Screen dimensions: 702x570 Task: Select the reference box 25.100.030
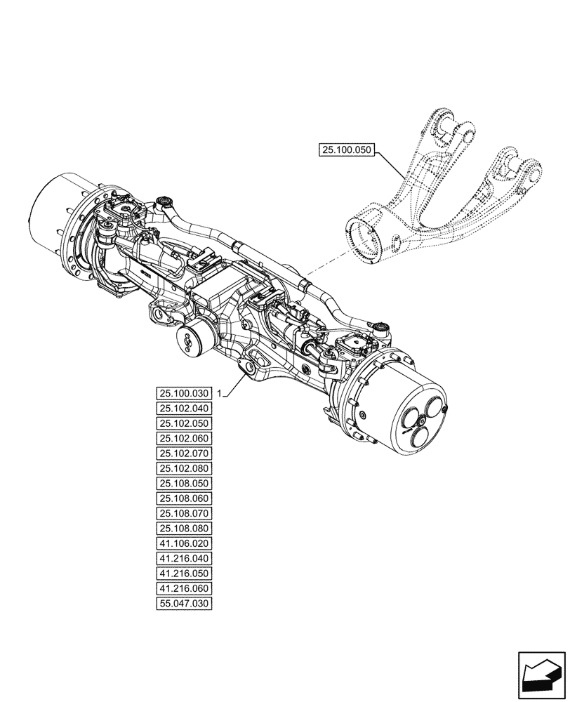(185, 393)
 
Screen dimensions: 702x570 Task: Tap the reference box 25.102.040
(185, 409)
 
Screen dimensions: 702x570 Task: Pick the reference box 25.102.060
(185, 439)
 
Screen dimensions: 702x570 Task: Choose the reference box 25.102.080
(185, 468)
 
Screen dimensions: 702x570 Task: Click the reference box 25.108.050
(185, 484)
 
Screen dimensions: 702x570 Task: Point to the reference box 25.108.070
(185, 513)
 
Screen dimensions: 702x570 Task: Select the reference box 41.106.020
(185, 543)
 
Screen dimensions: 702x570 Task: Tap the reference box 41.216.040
(185, 559)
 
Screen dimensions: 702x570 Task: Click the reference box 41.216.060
(185, 588)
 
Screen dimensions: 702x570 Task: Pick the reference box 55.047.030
(185, 604)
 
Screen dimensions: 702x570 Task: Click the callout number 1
(220, 392)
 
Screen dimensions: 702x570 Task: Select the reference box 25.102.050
(185, 423)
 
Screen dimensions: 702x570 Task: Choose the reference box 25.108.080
(185, 528)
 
